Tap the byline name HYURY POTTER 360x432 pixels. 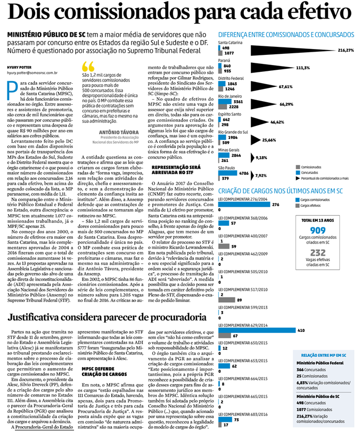(20, 66)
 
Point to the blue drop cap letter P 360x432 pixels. (12, 91)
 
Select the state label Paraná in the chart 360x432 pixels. (225, 60)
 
